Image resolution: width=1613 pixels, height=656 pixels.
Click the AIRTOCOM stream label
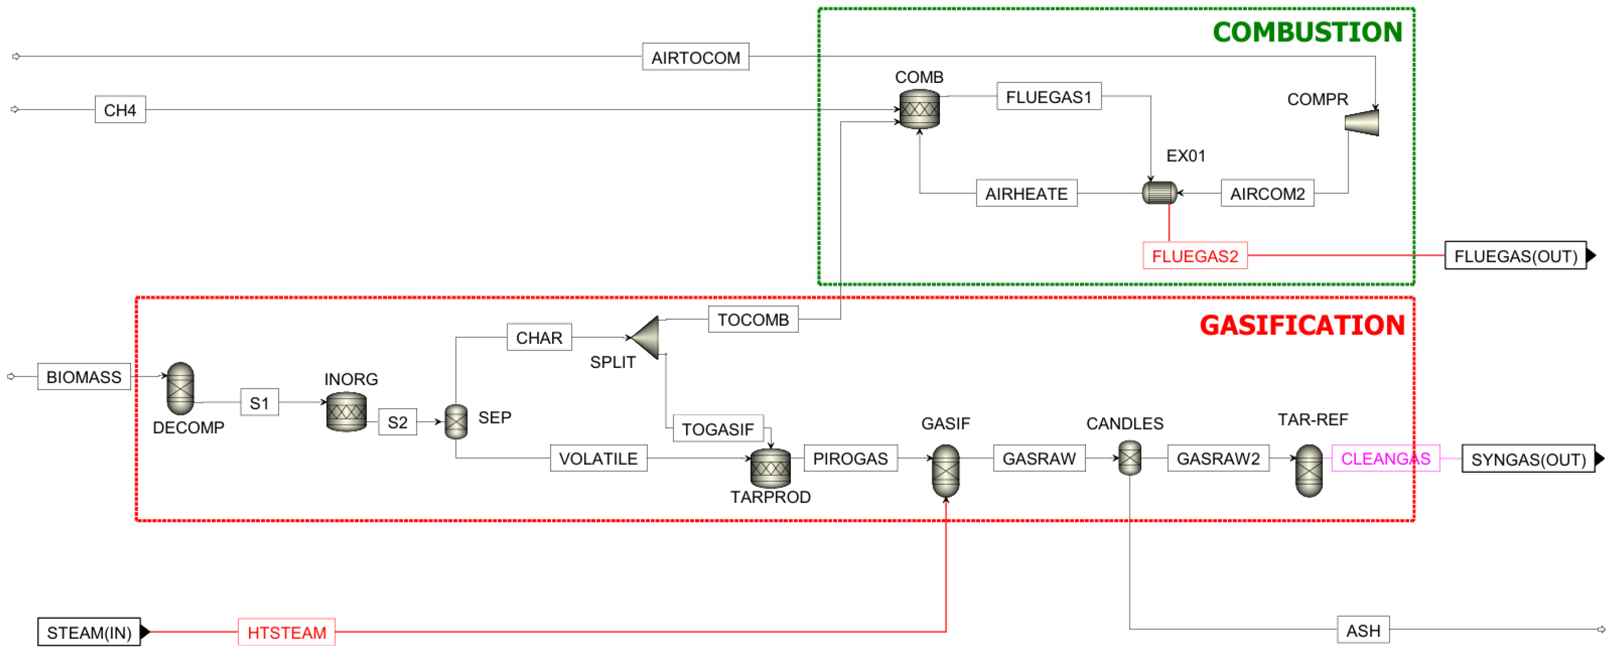click(695, 57)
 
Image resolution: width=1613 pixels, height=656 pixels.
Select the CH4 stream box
click(120, 109)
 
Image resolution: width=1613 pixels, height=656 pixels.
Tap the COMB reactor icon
click(919, 109)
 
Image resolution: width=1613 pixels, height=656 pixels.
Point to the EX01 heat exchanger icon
click(1160, 193)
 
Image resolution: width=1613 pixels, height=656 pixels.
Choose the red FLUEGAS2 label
click(1195, 256)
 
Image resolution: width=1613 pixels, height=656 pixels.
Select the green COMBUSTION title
click(1307, 32)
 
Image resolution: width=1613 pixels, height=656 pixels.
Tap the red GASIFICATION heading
click(1303, 325)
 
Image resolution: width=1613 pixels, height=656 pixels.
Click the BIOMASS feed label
click(84, 377)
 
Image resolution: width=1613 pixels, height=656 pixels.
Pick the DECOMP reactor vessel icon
click(181, 388)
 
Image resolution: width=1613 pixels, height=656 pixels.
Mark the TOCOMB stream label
click(753, 319)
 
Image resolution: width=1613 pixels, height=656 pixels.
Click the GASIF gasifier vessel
click(945, 471)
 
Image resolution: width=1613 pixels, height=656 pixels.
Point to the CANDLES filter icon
click(1130, 458)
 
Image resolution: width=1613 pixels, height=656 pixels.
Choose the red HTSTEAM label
click(287, 632)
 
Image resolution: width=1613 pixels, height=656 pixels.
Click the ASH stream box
click(1363, 630)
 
